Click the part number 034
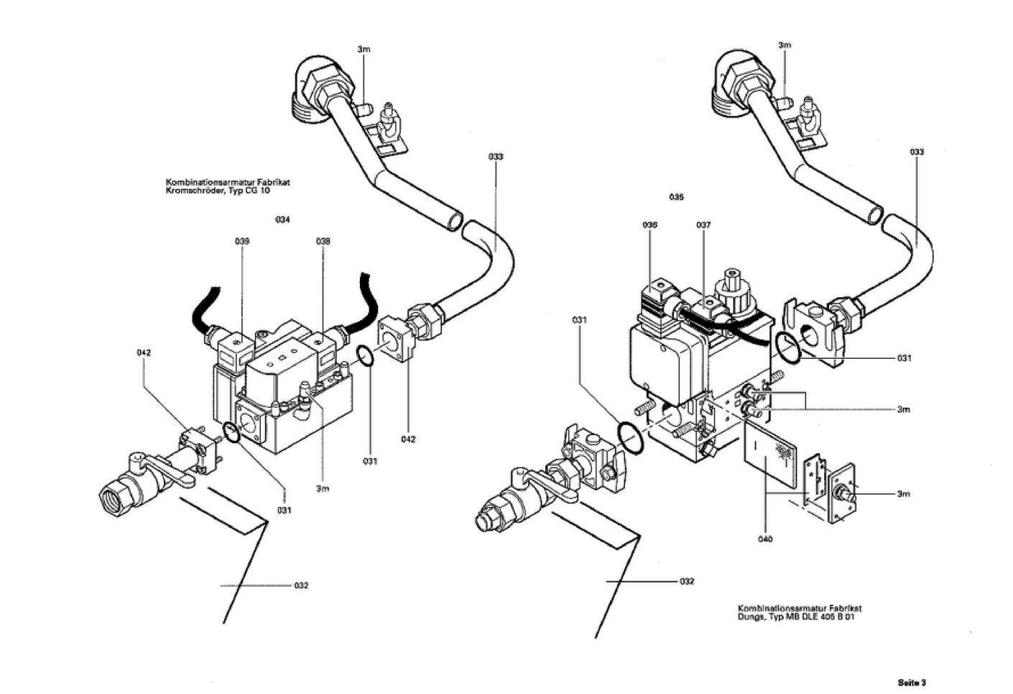coord(282,220)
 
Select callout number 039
coord(242,242)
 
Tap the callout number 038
coord(323,242)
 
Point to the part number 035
coord(676,197)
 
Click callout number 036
coord(650,225)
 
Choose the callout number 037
coord(703,225)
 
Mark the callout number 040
coord(765,539)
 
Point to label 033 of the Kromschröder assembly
coord(496,157)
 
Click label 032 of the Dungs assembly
coord(687,581)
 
